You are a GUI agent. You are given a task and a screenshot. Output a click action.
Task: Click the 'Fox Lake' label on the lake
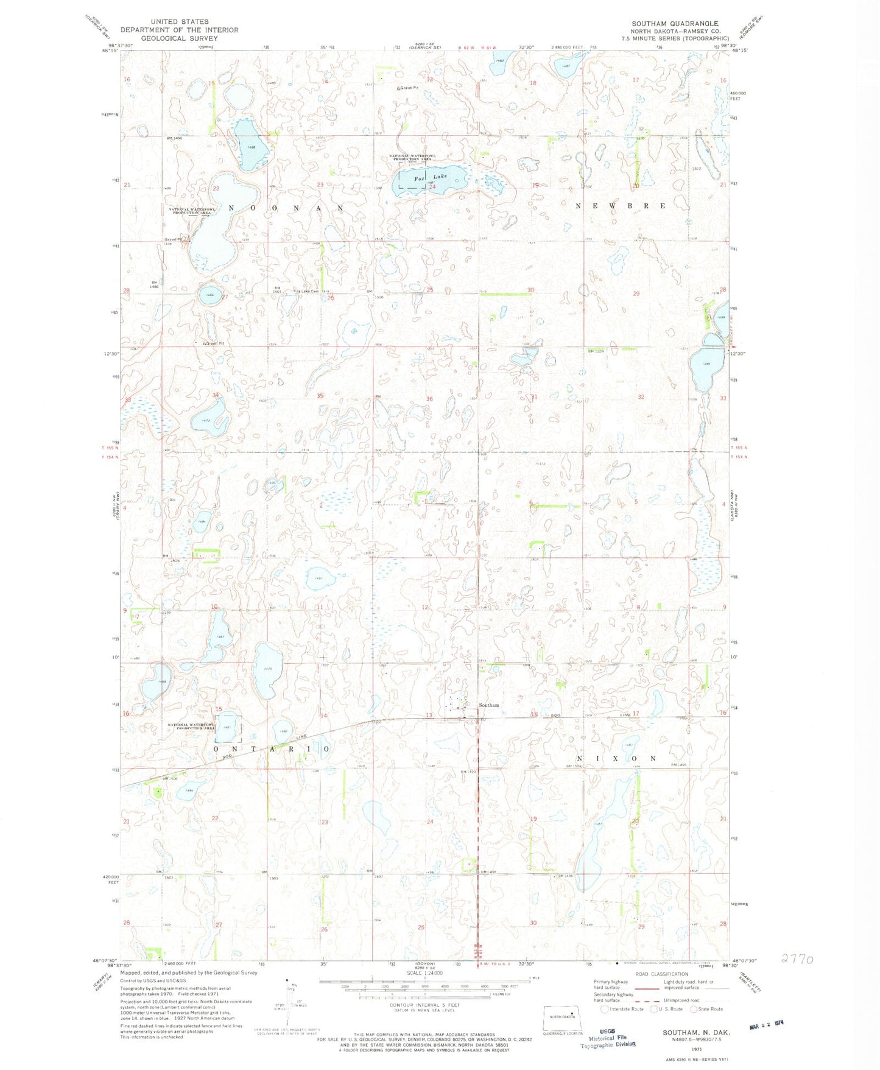[x=430, y=177]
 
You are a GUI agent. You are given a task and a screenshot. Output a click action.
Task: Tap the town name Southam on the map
[x=488, y=705]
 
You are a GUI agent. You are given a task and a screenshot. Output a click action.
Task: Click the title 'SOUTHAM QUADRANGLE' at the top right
[x=674, y=23]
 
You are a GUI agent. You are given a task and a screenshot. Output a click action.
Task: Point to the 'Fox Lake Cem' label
[x=307, y=291]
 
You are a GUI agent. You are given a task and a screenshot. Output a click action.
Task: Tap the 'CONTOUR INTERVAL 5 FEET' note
[x=424, y=1005]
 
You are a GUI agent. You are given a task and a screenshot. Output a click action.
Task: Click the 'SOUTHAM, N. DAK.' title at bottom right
[x=697, y=1033]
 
